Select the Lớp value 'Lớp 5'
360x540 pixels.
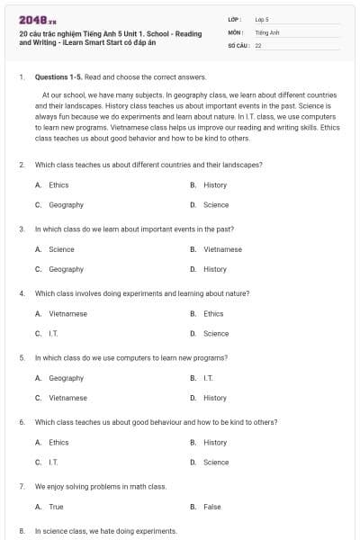(x=262, y=18)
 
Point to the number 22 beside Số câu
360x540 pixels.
(x=258, y=45)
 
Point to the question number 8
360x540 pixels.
(x=21, y=531)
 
